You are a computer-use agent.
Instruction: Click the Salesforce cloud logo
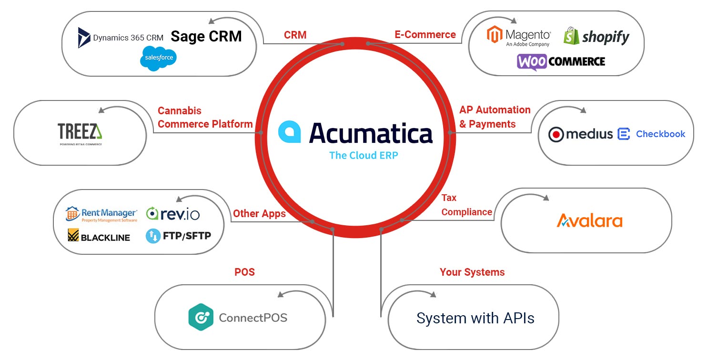click(x=158, y=59)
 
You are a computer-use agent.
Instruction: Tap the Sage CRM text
click(x=206, y=37)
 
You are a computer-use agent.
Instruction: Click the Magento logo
click(x=518, y=37)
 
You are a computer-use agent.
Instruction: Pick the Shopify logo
click(x=596, y=37)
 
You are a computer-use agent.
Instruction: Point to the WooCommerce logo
click(x=561, y=61)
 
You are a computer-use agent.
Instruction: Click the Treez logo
click(x=80, y=132)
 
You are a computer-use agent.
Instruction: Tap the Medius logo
click(x=580, y=134)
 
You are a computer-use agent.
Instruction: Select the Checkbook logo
click(x=651, y=134)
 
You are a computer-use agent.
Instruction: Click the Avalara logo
click(x=589, y=220)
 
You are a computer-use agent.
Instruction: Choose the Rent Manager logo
click(x=101, y=214)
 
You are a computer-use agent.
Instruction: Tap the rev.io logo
click(x=173, y=214)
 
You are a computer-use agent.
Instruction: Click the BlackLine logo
click(x=99, y=236)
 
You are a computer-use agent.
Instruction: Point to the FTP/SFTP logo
click(x=178, y=236)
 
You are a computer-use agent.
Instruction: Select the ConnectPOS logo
click(x=238, y=317)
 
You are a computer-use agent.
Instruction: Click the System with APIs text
click(x=475, y=318)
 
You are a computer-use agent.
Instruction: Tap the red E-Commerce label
click(x=425, y=35)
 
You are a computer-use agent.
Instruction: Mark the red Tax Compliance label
click(x=466, y=205)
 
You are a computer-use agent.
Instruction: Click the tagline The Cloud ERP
click(x=364, y=155)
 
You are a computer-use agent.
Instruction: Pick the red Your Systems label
click(x=472, y=272)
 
